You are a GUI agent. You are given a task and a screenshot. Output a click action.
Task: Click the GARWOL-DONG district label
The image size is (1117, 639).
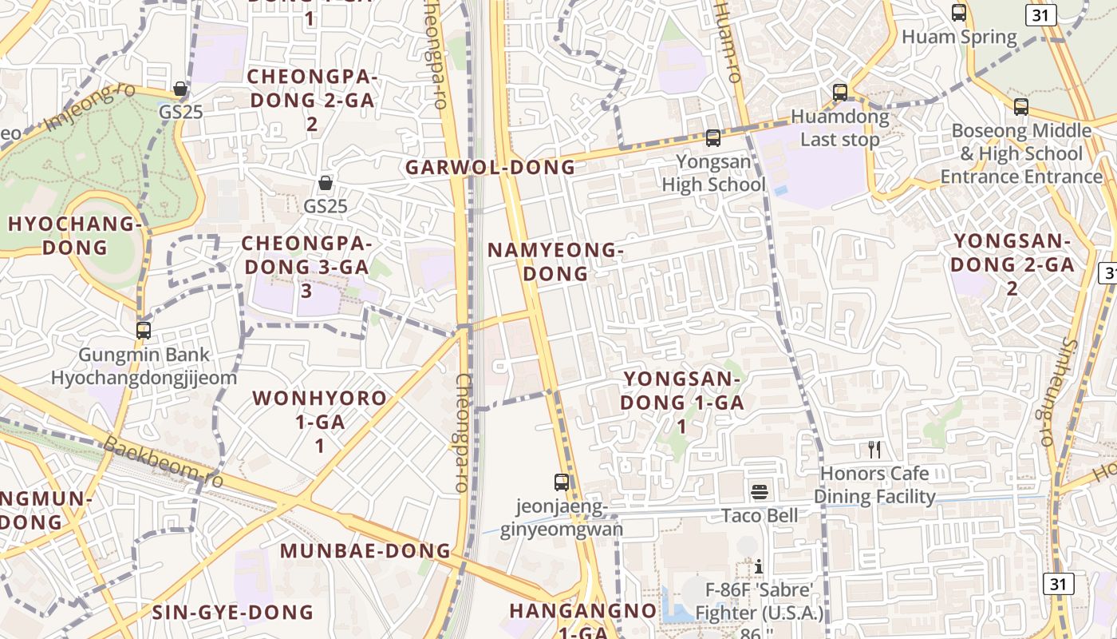click(490, 168)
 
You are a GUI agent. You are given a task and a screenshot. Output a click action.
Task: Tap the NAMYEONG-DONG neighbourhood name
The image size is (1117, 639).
click(555, 262)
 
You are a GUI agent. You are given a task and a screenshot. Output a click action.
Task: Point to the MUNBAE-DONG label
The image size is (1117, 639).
click(365, 551)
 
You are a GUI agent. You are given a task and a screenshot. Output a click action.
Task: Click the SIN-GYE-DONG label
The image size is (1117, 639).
click(233, 613)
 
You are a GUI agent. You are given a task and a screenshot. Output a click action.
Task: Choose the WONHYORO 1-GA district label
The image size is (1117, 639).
click(320, 421)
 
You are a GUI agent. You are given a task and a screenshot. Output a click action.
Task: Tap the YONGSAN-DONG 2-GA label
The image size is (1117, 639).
click(1012, 264)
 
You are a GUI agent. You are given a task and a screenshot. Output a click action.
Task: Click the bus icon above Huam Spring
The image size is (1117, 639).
click(959, 13)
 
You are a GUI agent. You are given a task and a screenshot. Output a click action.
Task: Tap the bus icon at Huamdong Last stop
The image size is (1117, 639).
click(840, 93)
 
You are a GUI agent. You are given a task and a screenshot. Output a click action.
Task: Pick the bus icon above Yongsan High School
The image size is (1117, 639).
click(713, 138)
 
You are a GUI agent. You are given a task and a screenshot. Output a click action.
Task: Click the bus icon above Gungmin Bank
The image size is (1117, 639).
click(144, 331)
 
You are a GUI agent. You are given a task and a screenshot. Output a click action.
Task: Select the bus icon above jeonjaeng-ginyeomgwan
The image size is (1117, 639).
click(562, 482)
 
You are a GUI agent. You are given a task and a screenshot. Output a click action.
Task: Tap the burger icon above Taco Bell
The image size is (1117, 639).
click(760, 491)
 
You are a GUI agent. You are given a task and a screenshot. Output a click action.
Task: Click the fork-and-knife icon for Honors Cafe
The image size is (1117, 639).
click(874, 450)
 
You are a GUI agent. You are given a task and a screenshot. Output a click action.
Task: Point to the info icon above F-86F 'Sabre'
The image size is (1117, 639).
click(759, 566)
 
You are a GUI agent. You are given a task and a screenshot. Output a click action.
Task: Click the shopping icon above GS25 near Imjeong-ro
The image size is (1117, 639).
click(181, 89)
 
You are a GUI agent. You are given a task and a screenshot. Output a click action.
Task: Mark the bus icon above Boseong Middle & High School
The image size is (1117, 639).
click(1021, 107)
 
